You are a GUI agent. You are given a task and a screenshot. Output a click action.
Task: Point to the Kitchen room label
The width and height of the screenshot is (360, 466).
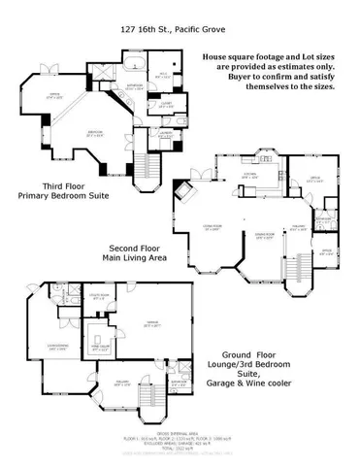249,175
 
